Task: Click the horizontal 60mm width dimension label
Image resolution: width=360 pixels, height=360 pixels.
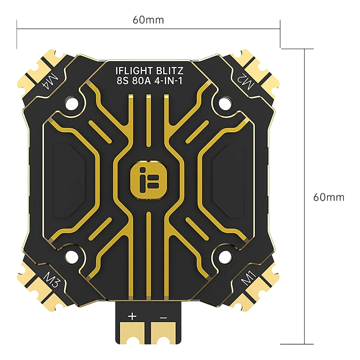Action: pyautogui.click(x=148, y=19)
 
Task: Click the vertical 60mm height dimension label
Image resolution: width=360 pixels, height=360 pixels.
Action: pyautogui.click(x=328, y=197)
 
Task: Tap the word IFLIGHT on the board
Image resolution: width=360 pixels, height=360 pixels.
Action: pyautogui.click(x=130, y=71)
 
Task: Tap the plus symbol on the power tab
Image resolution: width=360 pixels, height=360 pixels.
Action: pyautogui.click(x=132, y=317)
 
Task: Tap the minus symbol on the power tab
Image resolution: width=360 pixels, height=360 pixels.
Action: pyautogui.click(x=163, y=318)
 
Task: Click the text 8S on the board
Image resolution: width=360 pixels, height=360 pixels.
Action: pyautogui.click(x=120, y=82)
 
